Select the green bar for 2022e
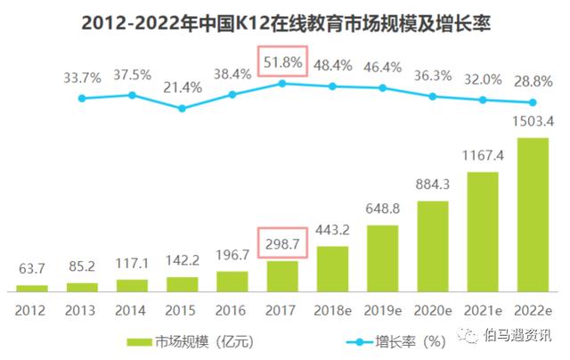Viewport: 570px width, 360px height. click(x=533, y=214)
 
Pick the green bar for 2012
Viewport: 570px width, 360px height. click(x=31, y=287)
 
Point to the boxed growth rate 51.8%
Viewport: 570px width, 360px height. click(x=282, y=63)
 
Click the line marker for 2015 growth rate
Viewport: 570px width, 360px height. click(x=182, y=109)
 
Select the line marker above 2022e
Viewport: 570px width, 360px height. click(x=533, y=102)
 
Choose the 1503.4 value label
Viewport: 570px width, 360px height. click(x=533, y=122)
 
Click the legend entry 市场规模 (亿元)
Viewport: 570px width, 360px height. click(x=179, y=340)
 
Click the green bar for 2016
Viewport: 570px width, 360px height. click(x=232, y=281)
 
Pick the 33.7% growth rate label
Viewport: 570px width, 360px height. click(x=82, y=77)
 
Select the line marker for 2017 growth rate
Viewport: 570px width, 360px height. click(x=282, y=83)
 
